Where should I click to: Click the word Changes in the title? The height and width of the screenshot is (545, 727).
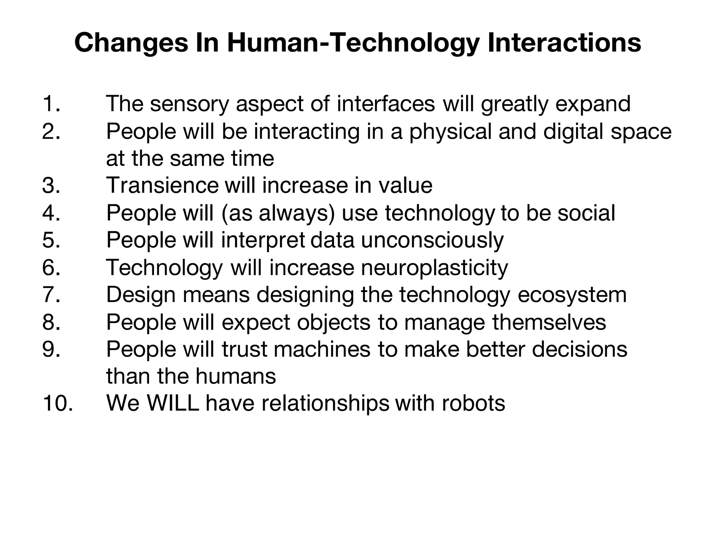(131, 43)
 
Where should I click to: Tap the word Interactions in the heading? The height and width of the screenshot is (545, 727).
(564, 43)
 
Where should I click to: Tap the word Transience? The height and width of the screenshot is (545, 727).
(162, 185)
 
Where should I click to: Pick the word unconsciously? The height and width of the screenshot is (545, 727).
(432, 240)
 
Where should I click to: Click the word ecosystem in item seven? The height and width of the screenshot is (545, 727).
(572, 295)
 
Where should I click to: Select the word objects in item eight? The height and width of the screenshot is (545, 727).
(334, 323)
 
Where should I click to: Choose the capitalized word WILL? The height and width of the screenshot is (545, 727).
(173, 403)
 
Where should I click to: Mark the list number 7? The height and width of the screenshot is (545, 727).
(51, 295)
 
